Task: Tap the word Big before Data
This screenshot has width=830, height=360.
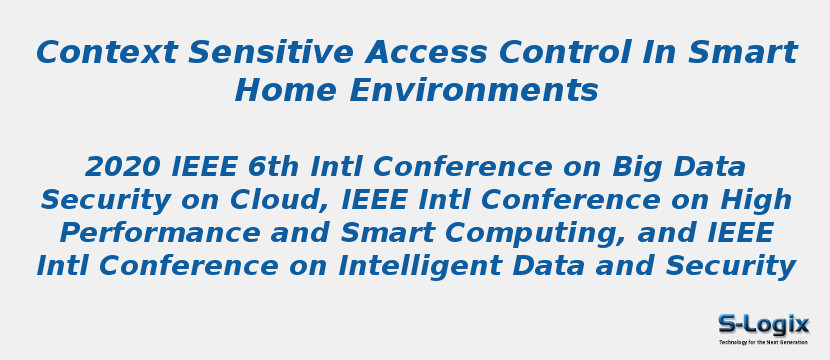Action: (639, 167)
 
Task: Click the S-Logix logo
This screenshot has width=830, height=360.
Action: (763, 323)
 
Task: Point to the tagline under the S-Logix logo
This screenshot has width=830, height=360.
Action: (763, 342)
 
